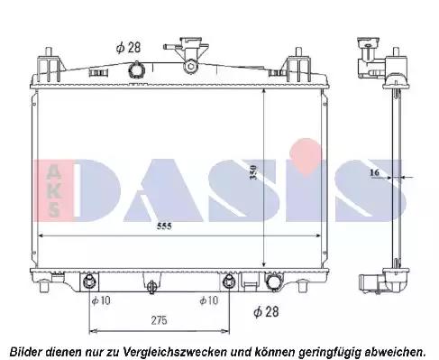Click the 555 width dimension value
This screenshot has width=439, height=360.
164,226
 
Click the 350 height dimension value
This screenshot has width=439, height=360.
253,172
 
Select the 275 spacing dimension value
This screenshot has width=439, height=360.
159,320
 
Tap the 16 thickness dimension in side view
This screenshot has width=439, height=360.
374,172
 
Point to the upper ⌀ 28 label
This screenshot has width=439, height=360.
128,48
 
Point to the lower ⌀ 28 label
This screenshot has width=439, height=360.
266,312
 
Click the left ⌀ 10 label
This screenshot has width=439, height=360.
101,300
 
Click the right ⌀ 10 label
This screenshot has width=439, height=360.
209,300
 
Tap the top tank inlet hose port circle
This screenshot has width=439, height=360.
137,69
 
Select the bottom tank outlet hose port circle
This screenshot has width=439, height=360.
272,282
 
